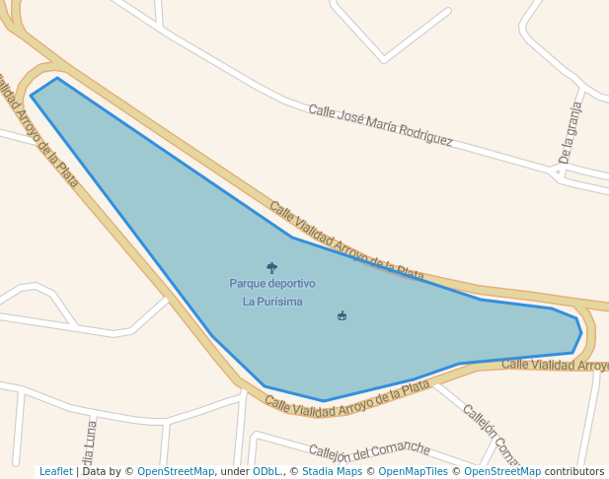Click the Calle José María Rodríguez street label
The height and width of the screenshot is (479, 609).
[x=380, y=125]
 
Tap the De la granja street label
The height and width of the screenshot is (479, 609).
[x=571, y=131]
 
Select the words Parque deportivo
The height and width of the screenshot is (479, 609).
[x=272, y=284]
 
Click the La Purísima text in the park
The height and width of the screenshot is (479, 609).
[x=272, y=302]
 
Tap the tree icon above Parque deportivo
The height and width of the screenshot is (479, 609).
[x=271, y=267]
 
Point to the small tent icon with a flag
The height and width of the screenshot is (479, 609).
[x=342, y=315]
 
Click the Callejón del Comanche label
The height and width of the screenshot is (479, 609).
[x=369, y=451]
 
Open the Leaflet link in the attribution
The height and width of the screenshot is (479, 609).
[x=56, y=472]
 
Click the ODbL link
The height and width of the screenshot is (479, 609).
[x=266, y=472]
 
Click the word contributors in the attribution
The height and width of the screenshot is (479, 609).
[x=574, y=472]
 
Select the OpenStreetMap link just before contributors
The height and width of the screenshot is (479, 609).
[x=502, y=472]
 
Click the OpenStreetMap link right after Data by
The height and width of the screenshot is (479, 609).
[x=176, y=472]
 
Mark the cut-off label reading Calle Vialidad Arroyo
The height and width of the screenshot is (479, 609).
[x=555, y=366]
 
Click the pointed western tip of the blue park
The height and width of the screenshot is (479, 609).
[x=33, y=95]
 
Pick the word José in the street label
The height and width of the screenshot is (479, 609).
[x=350, y=117]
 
